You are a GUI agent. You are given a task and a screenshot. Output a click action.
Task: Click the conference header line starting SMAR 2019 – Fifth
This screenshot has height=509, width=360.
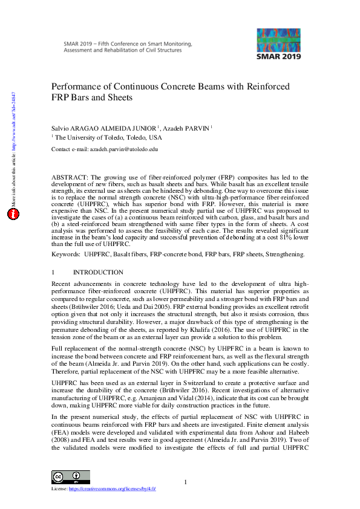pyautogui.click(x=127, y=45)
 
